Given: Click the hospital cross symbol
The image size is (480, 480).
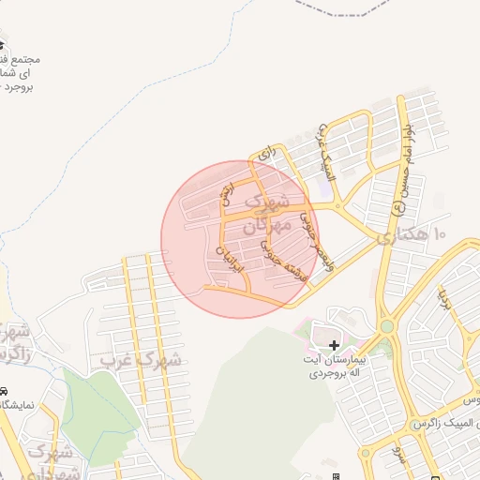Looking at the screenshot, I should pos(335,346).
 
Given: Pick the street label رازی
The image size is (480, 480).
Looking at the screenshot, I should pos(270,150).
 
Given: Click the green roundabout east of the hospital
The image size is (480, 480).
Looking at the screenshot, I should pos(386,326).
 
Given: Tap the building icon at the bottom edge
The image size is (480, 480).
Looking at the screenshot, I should pos(335,476).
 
